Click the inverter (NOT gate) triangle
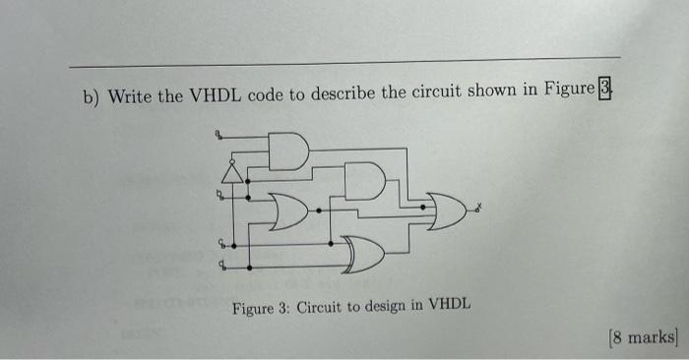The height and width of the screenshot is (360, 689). click(232, 174)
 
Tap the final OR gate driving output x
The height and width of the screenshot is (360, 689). click(445, 209)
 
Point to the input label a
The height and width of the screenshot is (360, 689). click(219, 135)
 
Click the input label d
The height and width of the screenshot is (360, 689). click(220, 264)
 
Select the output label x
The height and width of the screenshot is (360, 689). click(479, 207)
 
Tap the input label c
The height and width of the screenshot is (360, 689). click(220, 242)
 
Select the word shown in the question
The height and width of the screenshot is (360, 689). click(482, 92)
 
